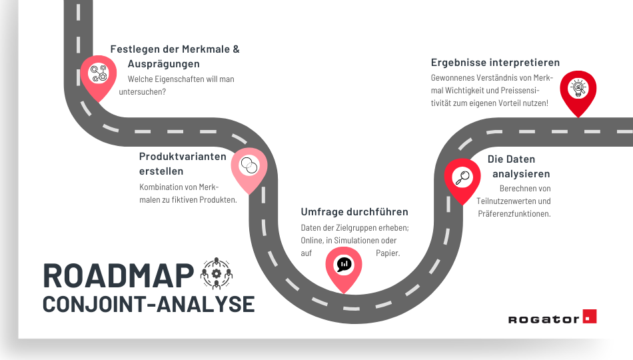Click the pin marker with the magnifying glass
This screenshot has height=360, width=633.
click(x=462, y=178)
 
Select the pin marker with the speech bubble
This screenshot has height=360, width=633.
click(x=343, y=265)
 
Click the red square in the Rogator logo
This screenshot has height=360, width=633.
click(x=589, y=317)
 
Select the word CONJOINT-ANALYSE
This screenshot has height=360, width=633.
click(x=149, y=303)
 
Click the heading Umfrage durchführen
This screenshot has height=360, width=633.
click(x=354, y=212)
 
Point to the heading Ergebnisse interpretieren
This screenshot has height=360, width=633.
click(x=495, y=63)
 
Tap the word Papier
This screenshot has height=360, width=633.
click(x=387, y=253)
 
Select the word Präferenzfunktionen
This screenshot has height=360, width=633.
click(x=514, y=213)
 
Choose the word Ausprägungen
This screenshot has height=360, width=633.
click(x=163, y=64)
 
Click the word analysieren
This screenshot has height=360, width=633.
click(x=521, y=174)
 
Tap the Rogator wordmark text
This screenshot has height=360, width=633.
click(x=543, y=319)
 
